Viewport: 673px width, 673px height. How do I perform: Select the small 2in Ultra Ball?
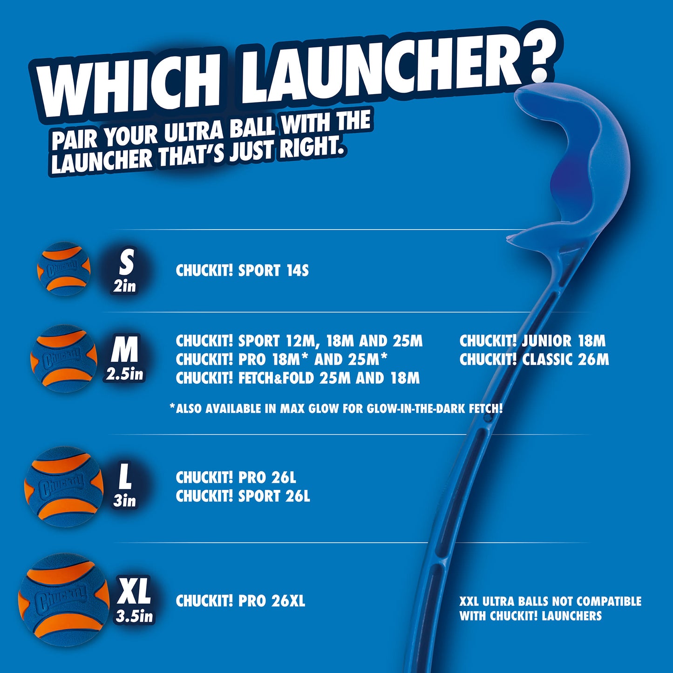coord(64,269)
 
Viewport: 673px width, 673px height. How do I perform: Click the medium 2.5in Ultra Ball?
coord(64,358)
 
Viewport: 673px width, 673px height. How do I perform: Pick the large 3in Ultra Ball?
coord(64,487)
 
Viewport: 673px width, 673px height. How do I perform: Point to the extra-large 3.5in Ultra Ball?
coord(64,600)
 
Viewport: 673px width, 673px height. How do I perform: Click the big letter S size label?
coord(126,262)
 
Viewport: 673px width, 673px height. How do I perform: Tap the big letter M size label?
coord(124,350)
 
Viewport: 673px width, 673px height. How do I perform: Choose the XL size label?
coord(134,591)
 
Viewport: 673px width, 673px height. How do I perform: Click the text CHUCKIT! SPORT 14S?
coord(242,271)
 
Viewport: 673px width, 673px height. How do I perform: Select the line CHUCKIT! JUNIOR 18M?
coord(532,341)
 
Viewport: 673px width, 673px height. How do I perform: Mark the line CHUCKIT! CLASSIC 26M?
coord(534,360)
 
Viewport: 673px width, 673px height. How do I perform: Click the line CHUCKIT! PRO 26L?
coord(236,477)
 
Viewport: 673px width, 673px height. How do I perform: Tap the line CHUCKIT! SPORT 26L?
coord(243,496)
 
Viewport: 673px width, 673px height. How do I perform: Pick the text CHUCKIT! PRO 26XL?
coord(240,601)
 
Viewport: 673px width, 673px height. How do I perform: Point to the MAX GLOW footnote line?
coord(336,409)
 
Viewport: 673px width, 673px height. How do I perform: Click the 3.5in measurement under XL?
coord(134,616)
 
